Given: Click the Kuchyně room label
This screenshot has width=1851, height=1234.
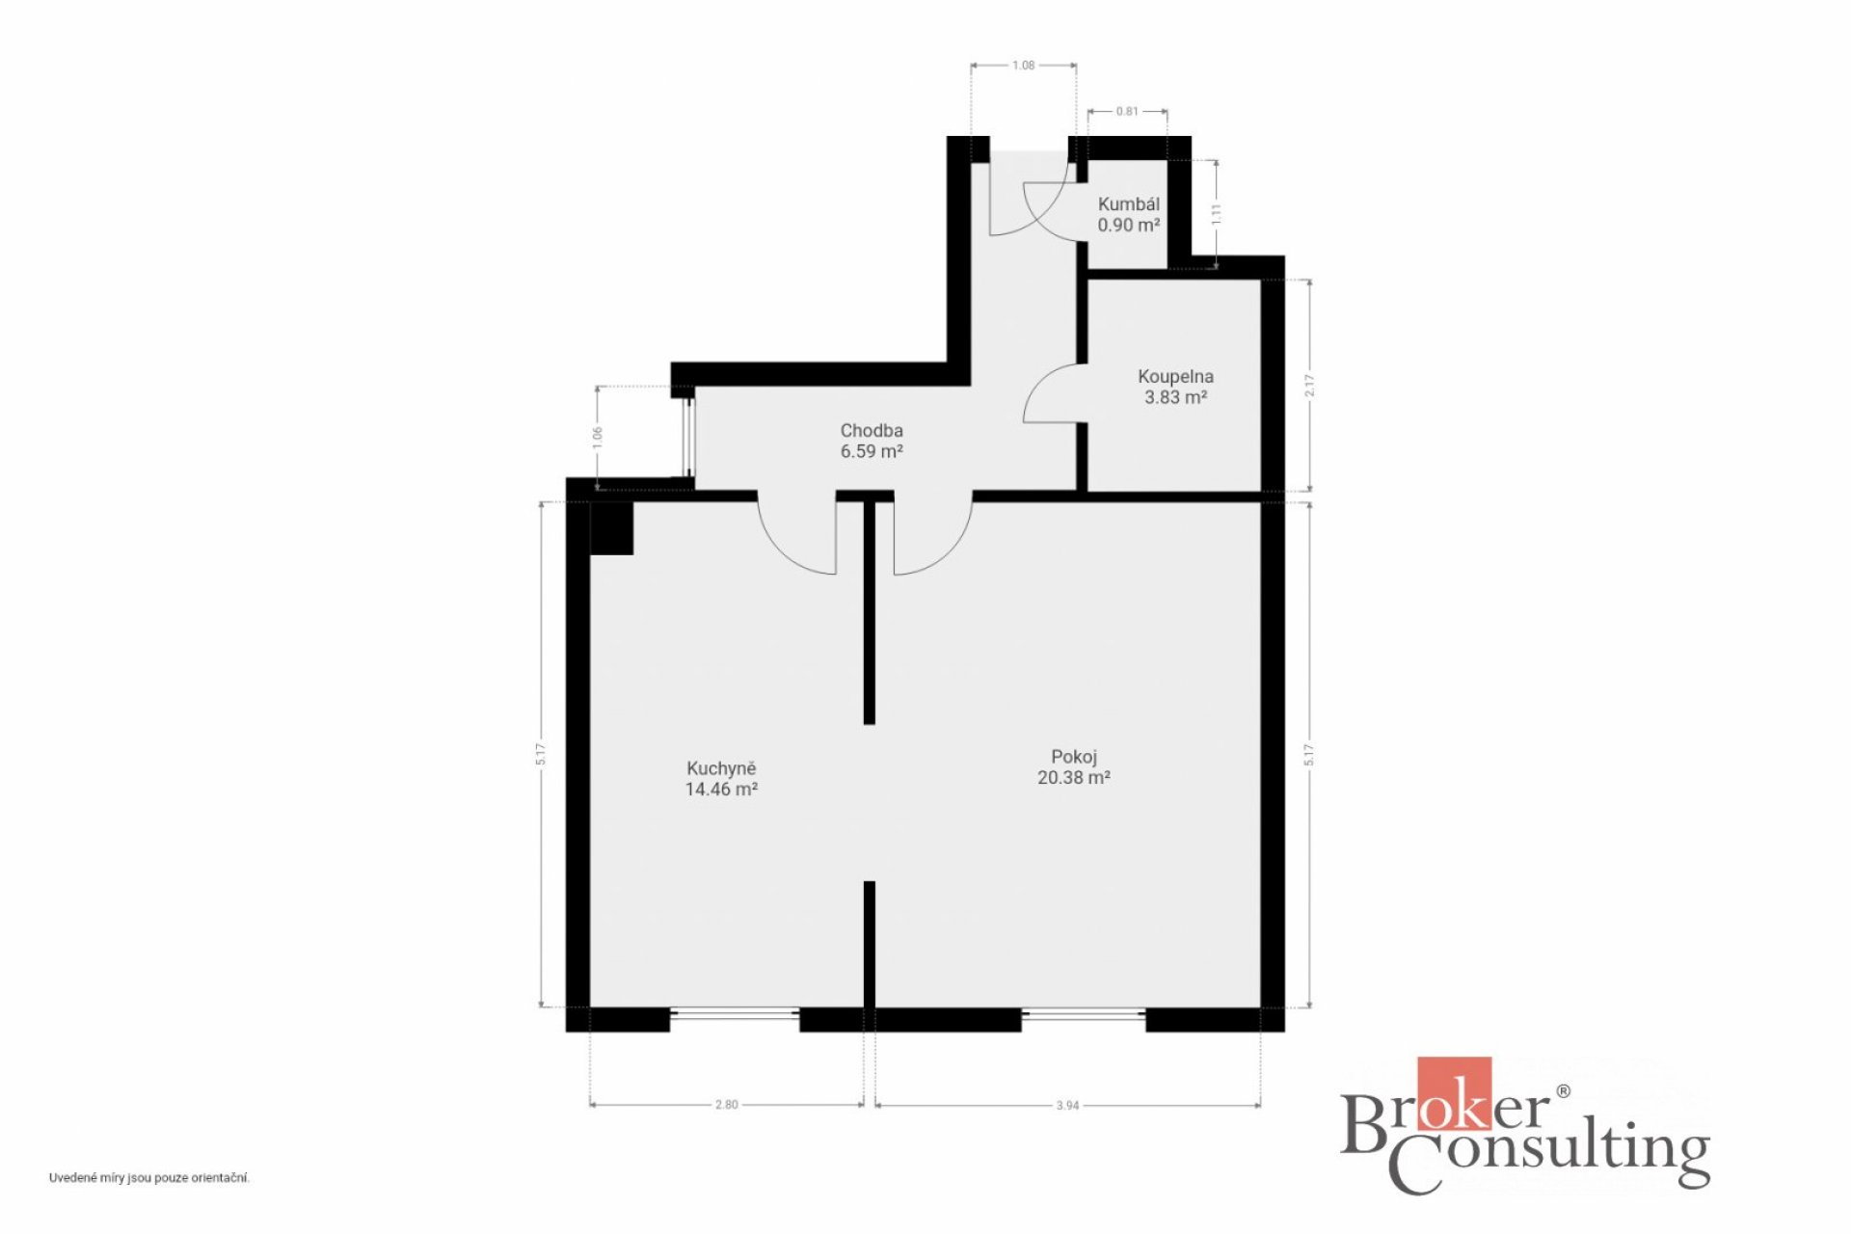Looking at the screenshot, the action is click(721, 768).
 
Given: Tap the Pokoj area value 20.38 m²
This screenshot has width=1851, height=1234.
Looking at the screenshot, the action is click(1073, 777).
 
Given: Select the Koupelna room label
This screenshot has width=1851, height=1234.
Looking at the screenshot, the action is click(1175, 376).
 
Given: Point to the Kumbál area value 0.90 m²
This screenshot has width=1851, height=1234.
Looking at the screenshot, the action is click(1128, 225).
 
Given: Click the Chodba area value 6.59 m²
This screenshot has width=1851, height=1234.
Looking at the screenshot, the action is click(872, 451).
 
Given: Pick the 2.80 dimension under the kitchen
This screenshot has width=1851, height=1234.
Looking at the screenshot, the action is click(726, 1105).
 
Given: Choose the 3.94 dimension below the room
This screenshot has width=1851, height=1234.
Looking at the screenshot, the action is click(1067, 1106).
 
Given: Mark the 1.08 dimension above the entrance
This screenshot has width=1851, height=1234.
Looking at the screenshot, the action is click(1023, 66).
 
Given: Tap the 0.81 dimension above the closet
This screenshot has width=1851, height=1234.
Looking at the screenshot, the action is click(1127, 111).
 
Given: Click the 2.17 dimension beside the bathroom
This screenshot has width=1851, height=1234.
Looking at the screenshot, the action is click(1309, 386).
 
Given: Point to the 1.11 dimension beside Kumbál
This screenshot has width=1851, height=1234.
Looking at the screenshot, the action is click(1217, 214).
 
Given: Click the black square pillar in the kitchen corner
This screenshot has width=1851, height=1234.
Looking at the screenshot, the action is click(611, 528).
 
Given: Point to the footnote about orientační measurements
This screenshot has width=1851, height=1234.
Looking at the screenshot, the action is click(149, 1178).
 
